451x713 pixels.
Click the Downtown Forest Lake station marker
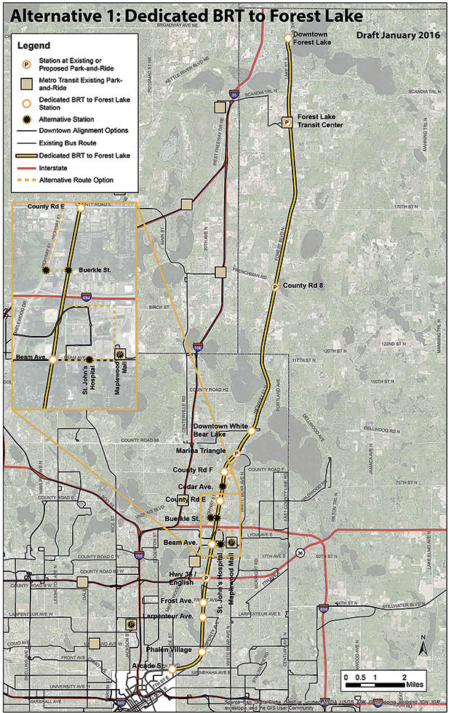pyautogui.click(x=288, y=38)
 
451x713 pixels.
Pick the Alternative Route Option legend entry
pyautogui.click(x=77, y=179)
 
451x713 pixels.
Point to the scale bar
pyautogui.click(x=375, y=684)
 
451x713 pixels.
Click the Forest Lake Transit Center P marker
pyautogui.click(x=287, y=122)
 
